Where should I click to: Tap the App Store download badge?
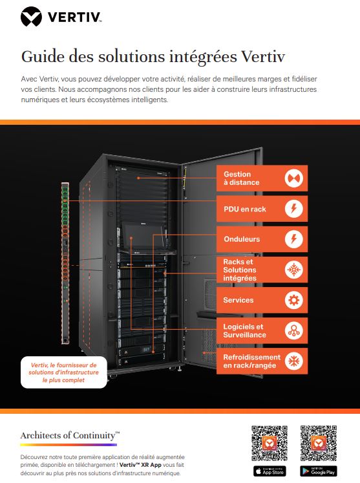click(x=270, y=470)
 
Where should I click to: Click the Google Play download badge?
click(x=318, y=470)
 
